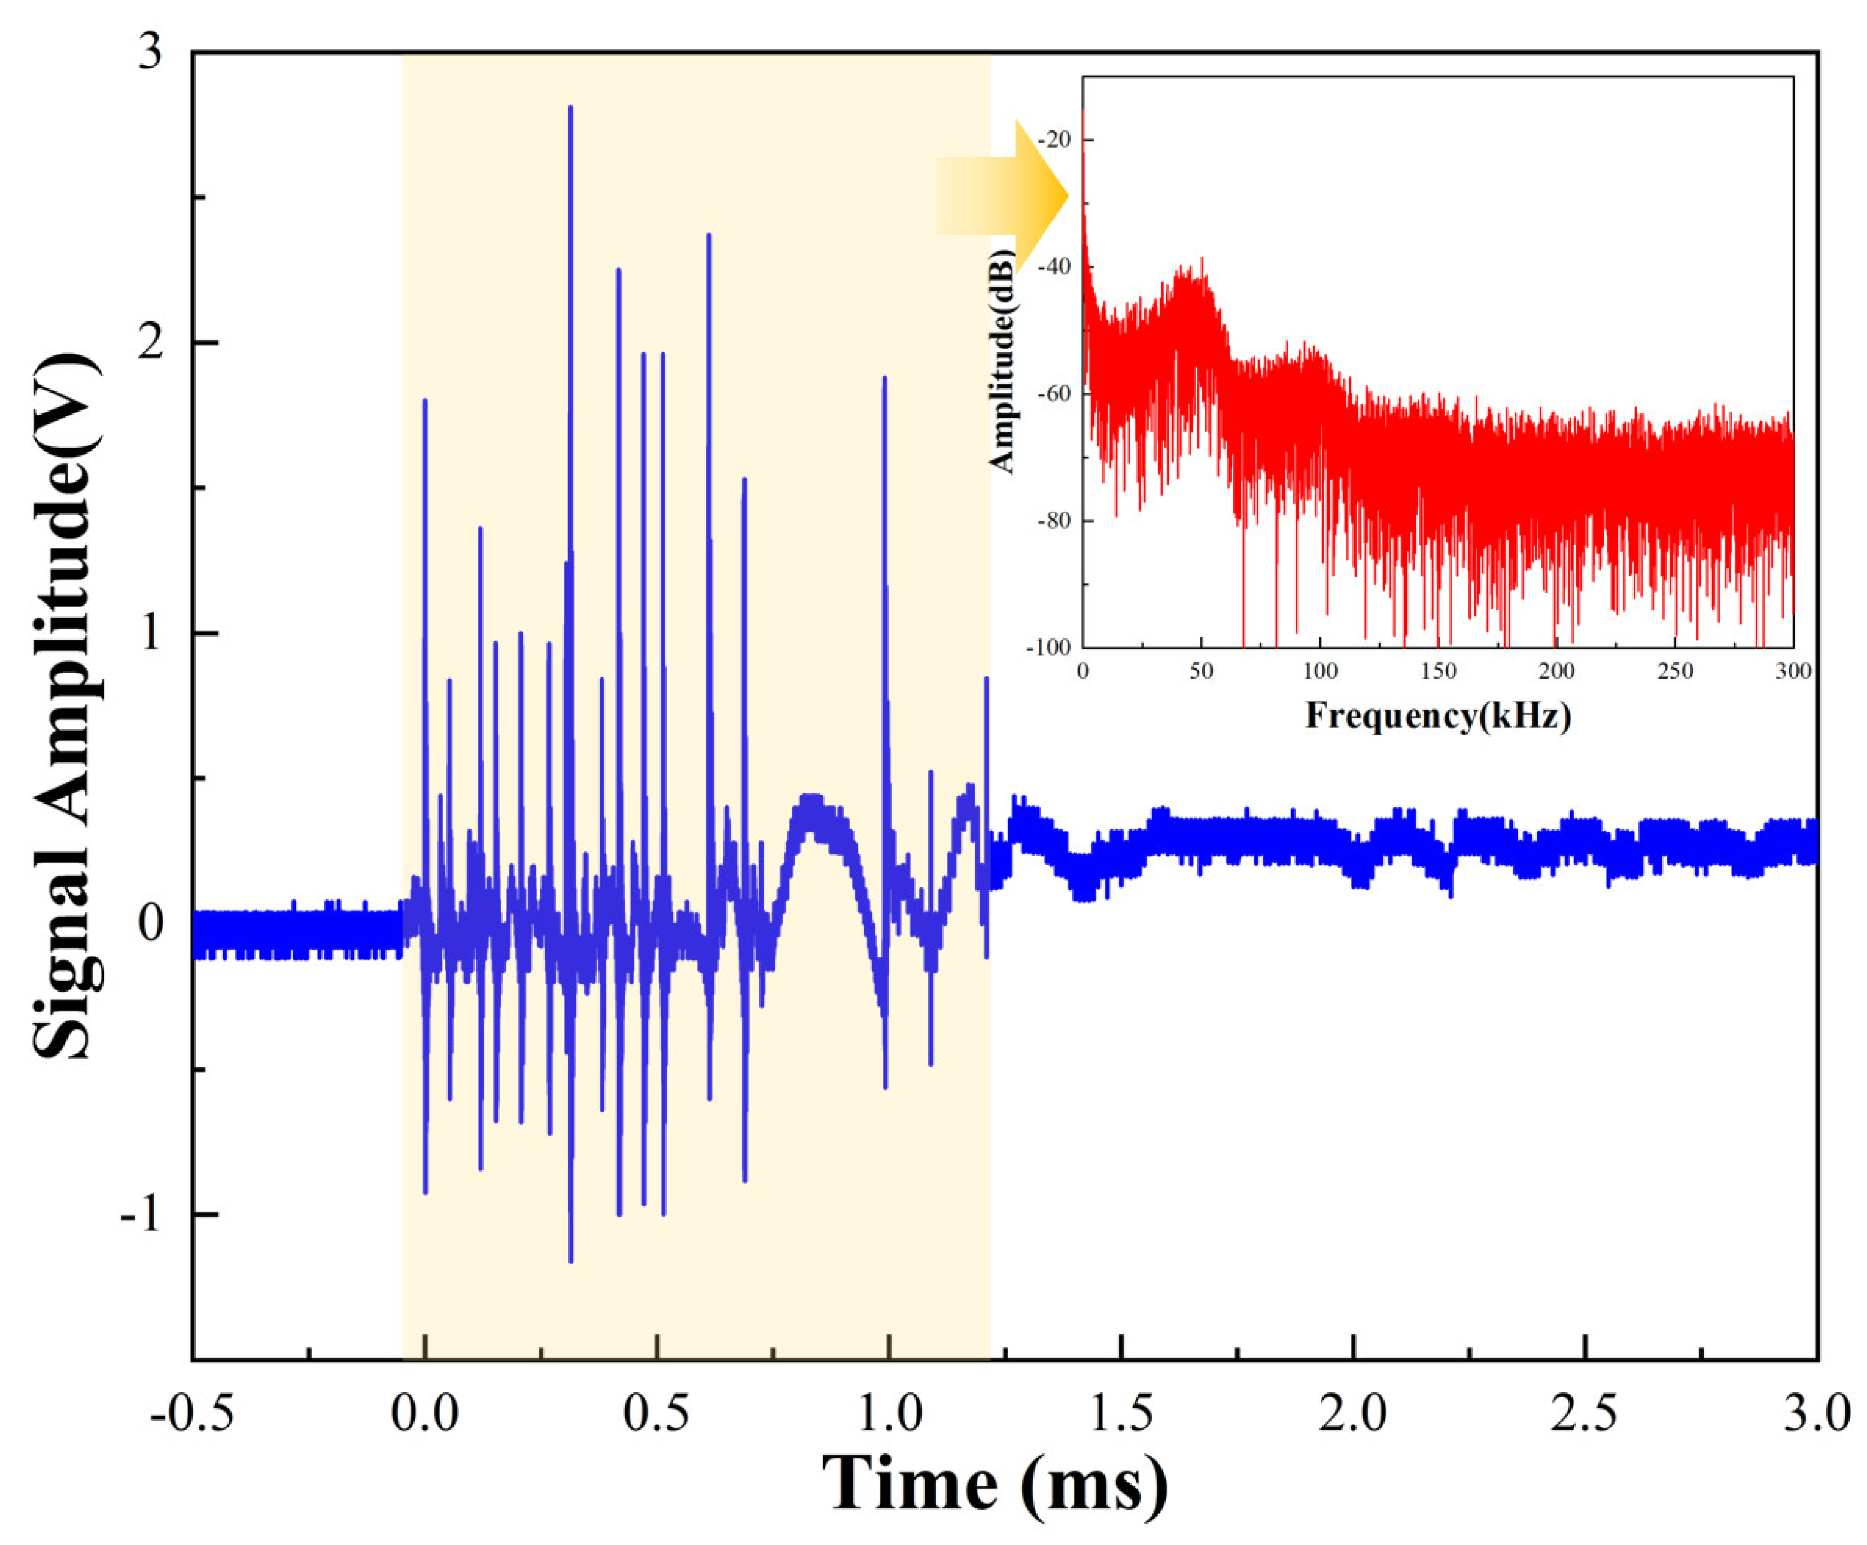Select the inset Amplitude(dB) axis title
point(1004,361)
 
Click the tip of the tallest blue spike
point(571,108)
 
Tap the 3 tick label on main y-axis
point(151,53)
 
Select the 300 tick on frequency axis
point(1793,671)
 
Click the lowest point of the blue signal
point(571,1260)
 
